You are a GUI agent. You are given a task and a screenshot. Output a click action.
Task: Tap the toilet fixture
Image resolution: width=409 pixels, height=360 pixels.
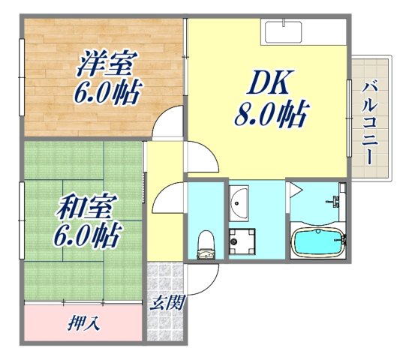[205, 244]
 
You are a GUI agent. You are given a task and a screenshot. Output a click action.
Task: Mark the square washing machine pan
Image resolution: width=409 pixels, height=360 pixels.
[242, 241]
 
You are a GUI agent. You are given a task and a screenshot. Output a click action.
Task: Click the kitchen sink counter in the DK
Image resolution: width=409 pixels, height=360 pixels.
[282, 32]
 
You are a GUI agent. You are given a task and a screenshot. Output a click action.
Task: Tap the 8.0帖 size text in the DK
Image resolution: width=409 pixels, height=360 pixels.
[271, 114]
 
